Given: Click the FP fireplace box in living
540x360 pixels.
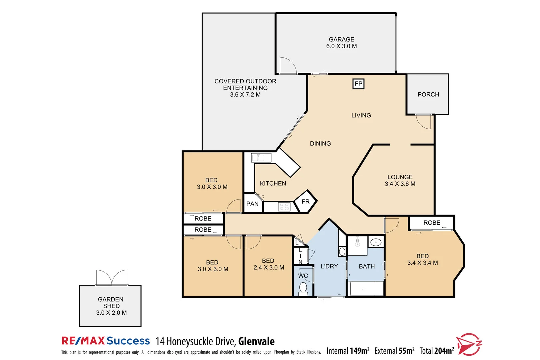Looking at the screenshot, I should point(358,84).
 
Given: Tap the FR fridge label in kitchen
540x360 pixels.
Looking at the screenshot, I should point(305,202).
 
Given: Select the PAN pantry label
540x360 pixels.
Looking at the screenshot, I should point(252,204).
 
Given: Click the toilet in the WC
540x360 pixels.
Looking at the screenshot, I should point(303,289).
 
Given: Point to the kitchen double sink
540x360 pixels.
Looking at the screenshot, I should point(261,158).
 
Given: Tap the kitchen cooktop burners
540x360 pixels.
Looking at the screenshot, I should point(284,207).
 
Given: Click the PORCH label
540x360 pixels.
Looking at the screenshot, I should point(428,95).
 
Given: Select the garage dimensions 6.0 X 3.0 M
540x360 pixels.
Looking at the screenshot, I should point(341,46).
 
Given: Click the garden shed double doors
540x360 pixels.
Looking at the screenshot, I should point(112,278).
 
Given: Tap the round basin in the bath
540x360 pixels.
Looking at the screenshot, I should point(376,242).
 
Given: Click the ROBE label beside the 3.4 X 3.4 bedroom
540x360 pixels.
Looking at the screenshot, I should point(432,223).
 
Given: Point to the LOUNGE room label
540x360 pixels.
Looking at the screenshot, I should point(400,177).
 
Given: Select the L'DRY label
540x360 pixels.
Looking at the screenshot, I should point(329,266).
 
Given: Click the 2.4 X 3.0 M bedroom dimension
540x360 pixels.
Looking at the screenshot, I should point(269,268).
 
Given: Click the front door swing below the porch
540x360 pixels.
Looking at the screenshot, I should point(424,122).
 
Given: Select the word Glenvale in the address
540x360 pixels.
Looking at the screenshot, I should point(256,341).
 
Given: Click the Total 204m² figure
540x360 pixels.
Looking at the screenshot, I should point(436,351).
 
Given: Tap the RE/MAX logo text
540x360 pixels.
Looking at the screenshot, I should point(83,341).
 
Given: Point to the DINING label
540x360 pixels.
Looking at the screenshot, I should point(320,144).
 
